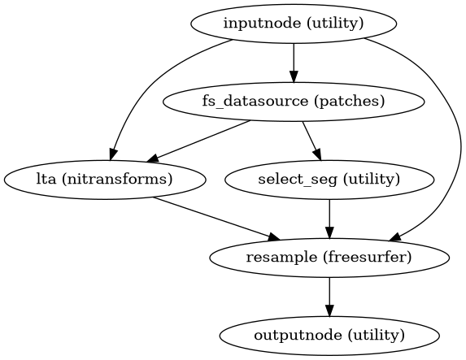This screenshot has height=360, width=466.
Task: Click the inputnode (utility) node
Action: point(293,24)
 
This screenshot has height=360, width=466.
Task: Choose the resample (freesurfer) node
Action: point(329,258)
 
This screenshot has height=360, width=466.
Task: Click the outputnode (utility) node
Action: point(329,335)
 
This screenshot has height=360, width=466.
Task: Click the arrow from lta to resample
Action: point(215,218)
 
